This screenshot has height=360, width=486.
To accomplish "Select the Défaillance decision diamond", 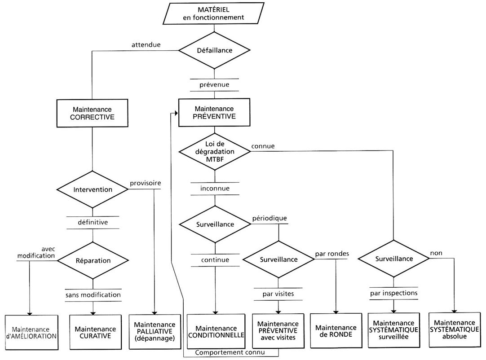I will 215,50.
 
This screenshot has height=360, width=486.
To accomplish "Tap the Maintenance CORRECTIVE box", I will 92,113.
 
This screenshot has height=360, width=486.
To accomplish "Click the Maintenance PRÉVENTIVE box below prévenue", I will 215,112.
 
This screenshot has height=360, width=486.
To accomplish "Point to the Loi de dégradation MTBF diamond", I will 215,151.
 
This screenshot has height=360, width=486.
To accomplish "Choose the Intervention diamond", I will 92,189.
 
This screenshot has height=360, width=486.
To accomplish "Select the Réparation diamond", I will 93,260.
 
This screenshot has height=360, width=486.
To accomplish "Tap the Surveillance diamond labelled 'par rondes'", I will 278,259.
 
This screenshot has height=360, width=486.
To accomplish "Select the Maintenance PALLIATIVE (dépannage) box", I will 154,331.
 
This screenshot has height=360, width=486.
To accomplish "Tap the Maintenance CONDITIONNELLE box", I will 216,331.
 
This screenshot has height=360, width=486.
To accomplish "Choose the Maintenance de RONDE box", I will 336,331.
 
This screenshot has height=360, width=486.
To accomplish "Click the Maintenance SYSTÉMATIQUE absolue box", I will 455,329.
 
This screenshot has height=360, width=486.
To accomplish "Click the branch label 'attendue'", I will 146,45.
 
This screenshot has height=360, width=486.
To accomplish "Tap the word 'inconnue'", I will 215,189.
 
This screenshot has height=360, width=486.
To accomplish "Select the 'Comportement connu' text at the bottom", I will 230,352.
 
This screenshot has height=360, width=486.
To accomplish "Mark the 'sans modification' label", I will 93,295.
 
